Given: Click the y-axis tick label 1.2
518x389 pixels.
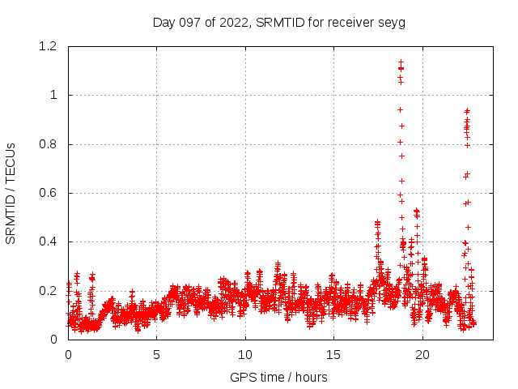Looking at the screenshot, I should point(53,47).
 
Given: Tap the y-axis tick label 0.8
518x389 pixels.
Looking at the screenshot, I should point(53,144).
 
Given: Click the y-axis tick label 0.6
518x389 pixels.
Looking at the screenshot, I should point(53,193).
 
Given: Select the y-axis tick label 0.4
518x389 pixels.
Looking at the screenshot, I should point(53,242).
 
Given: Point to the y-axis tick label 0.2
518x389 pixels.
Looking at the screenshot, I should point(53,290).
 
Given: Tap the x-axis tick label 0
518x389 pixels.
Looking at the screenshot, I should point(68,354).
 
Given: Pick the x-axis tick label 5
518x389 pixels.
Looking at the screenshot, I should point(157,354).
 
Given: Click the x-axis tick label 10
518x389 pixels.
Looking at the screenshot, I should point(245,354).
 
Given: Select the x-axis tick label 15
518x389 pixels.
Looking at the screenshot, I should point(333,354).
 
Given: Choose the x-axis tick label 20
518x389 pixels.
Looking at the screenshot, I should point(422,354).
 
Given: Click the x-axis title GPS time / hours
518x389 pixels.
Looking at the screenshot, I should point(279,377).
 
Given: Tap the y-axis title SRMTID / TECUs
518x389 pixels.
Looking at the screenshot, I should point(11,193).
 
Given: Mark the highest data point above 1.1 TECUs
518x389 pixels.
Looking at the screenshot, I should point(401,62).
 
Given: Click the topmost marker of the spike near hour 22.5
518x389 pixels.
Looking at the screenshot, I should point(467,111).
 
